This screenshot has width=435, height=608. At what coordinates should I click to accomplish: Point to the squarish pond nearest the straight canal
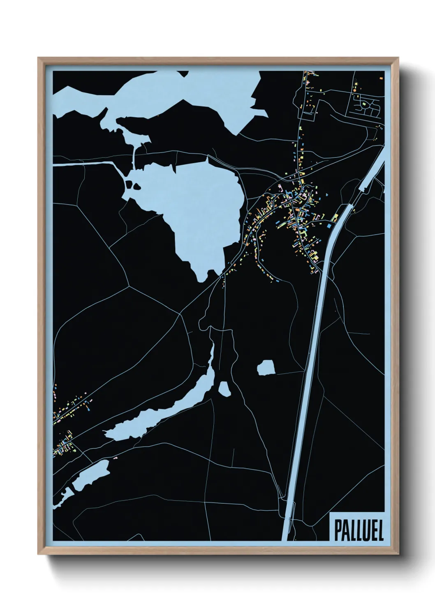coord(266,367)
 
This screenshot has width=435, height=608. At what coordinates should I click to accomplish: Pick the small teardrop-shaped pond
coord(224,389)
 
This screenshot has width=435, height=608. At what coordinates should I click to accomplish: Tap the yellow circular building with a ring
coord(356,84)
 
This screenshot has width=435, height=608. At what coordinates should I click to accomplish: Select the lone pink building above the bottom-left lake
coord(116,457)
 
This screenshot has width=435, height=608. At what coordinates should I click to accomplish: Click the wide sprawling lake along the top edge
coord(164,99)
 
